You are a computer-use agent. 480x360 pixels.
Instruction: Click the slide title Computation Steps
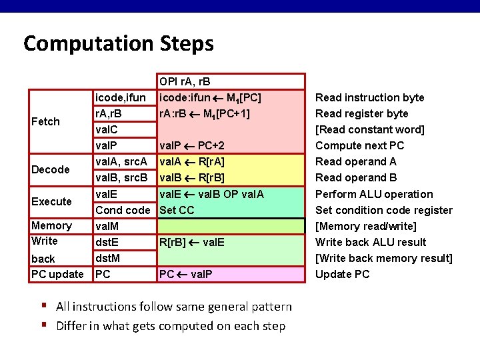click(119, 44)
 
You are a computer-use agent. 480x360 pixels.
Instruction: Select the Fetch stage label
click(45, 121)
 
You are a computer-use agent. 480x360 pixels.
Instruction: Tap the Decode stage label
click(51, 169)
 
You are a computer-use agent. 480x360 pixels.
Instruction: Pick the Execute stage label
click(51, 201)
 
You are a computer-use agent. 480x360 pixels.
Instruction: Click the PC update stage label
click(57, 274)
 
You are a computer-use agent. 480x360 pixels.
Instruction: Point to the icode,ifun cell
click(121, 98)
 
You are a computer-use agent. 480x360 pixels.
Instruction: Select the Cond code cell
click(123, 210)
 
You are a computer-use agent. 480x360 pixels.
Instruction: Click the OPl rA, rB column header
click(185, 82)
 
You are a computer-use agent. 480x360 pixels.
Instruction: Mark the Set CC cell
click(177, 210)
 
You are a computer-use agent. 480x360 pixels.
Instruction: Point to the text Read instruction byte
click(369, 98)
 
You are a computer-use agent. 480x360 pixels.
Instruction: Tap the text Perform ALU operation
click(373, 194)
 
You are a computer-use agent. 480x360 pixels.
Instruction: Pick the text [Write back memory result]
click(383, 258)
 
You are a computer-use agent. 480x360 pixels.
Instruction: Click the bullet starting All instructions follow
click(174, 307)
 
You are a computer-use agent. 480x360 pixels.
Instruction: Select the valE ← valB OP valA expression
click(211, 194)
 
